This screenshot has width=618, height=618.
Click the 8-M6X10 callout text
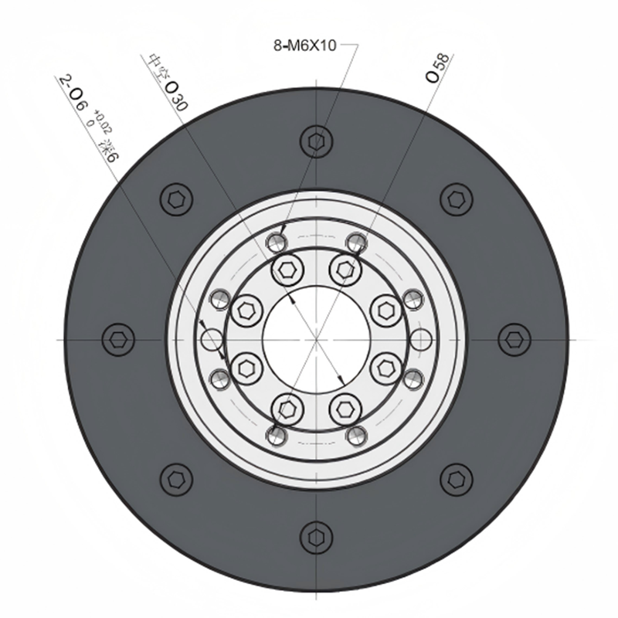click(304, 46)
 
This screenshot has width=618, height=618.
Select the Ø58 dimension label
click(437, 68)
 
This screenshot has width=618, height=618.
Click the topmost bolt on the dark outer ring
click(316, 141)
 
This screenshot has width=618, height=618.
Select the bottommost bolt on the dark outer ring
click(316, 537)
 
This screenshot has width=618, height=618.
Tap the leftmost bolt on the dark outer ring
click(118, 339)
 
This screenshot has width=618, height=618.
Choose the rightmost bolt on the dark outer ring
click(514, 339)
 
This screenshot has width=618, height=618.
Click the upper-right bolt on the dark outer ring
click(457, 199)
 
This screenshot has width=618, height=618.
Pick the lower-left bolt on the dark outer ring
click(177, 480)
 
